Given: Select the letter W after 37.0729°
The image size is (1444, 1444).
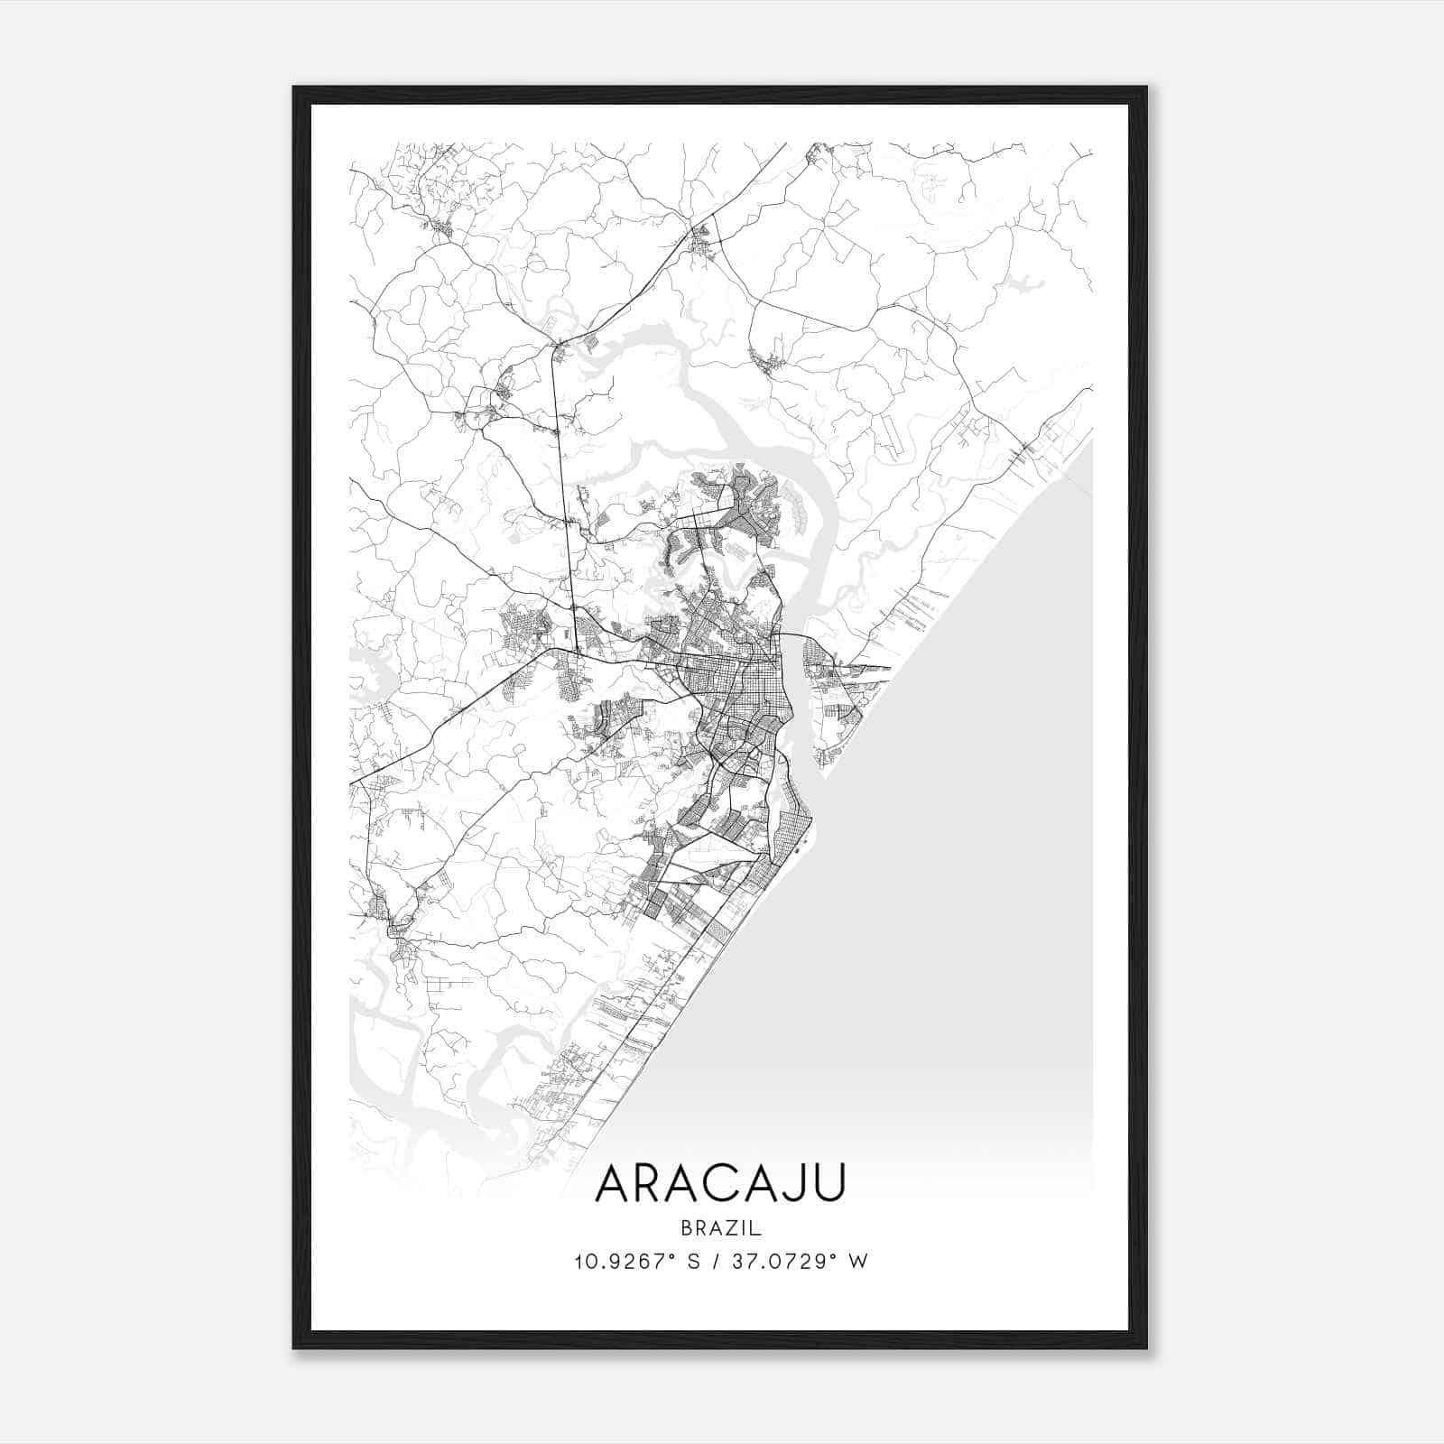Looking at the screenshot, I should pos(858,1262).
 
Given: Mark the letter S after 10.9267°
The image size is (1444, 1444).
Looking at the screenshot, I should pos(694,1262).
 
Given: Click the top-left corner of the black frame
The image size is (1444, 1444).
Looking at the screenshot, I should pos(295,88).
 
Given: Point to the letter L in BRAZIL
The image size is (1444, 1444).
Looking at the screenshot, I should pos(757,1228).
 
